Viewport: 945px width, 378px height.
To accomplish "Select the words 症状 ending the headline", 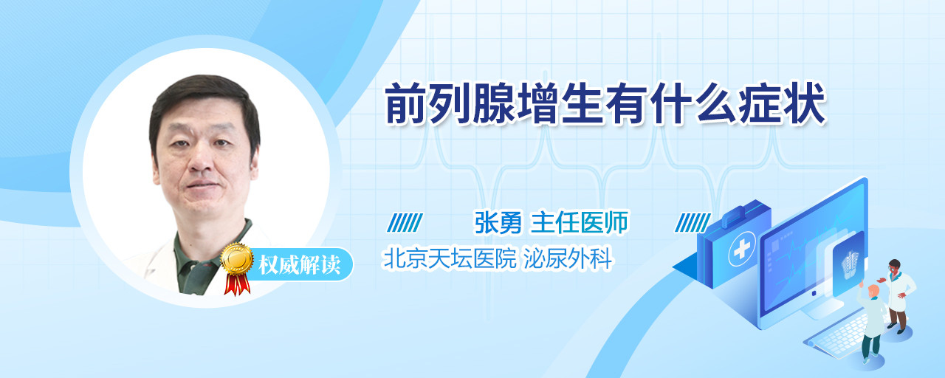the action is pos(782,103).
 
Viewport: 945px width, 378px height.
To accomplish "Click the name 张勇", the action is pos(498,222).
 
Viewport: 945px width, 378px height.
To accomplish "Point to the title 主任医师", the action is pos(580,222).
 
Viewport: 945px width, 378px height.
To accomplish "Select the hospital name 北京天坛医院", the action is pos(450,258).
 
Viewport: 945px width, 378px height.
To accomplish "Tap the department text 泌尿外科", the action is pos(568,258).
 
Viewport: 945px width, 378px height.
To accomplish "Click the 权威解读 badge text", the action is pos(299,265).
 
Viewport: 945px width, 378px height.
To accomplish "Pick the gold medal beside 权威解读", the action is pos(237,258).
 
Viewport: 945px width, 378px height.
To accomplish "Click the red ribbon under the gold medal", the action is pos(237,284).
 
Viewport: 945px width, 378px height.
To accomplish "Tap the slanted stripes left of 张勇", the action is pos(405,223).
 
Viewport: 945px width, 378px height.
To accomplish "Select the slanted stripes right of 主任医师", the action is pos(693,223).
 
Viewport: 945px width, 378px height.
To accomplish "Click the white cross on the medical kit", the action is pos(742,249).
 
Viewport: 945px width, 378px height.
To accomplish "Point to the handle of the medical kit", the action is pos(740,213).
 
